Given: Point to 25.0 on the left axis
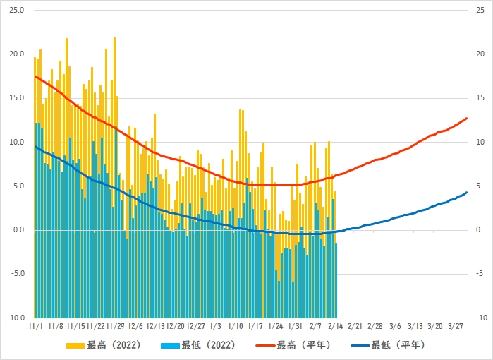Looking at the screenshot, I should (x=17, y=11).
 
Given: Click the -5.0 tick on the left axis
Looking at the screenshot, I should (x=17, y=274).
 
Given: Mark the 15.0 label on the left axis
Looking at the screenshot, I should (x=17, y=98).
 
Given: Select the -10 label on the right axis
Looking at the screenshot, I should (x=480, y=318).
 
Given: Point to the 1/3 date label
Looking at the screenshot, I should (x=215, y=327).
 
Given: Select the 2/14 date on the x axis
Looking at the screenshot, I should (x=336, y=327).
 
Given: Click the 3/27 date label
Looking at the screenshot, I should (x=456, y=327).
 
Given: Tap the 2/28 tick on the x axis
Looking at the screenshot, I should (x=375, y=327).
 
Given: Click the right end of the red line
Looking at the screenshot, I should (x=467, y=118).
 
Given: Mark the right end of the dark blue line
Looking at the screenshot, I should (x=467, y=193).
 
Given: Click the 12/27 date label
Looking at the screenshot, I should (x=195, y=327).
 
